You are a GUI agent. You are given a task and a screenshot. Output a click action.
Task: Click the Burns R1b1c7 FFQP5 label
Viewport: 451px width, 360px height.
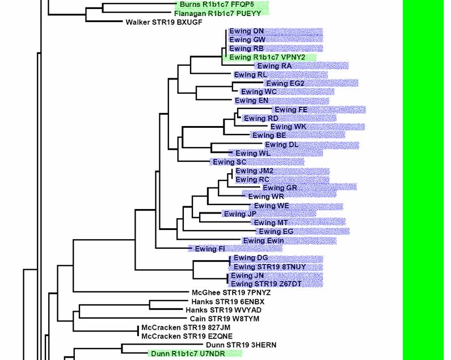[x=217, y=5]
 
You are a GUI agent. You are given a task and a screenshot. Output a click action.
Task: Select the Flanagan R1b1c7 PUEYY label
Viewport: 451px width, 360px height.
[x=217, y=14]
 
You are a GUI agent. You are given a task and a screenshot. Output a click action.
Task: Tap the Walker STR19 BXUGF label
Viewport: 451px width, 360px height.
[x=164, y=22]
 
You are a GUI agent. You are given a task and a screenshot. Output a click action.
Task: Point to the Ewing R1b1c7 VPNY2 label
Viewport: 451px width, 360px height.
[x=267, y=57]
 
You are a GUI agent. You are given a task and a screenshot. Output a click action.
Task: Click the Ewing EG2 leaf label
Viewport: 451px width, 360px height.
[x=285, y=83]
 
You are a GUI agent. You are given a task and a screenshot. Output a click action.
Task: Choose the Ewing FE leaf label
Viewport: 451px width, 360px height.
[x=291, y=110]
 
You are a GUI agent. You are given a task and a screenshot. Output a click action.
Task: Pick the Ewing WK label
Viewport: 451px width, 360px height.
[x=288, y=127]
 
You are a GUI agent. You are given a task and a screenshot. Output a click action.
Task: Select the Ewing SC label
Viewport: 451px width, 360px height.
[x=230, y=162]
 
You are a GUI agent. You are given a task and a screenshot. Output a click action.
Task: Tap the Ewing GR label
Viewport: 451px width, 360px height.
[x=280, y=188]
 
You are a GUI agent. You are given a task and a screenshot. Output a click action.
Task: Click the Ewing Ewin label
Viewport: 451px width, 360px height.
[x=263, y=241]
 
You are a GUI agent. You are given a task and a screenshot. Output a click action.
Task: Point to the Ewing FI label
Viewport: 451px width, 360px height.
[x=210, y=249]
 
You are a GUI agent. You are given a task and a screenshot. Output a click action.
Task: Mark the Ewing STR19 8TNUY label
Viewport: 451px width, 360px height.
[x=269, y=267]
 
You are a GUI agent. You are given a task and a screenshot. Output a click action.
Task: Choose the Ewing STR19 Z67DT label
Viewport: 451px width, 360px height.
[x=266, y=284]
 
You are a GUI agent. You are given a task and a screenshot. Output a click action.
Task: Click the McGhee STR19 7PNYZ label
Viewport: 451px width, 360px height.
[x=231, y=293]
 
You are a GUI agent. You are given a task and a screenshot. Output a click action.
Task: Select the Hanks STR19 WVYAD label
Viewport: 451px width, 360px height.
[x=224, y=310]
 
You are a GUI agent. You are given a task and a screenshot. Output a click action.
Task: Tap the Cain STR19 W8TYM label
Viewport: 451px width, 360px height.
[x=225, y=319]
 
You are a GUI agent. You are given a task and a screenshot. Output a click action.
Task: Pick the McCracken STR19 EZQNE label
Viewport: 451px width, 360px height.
[x=187, y=336]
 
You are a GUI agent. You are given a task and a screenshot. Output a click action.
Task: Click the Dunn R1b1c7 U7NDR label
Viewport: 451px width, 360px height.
[x=188, y=354]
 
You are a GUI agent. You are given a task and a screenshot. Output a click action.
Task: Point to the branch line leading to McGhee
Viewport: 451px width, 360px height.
[x=131, y=292]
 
